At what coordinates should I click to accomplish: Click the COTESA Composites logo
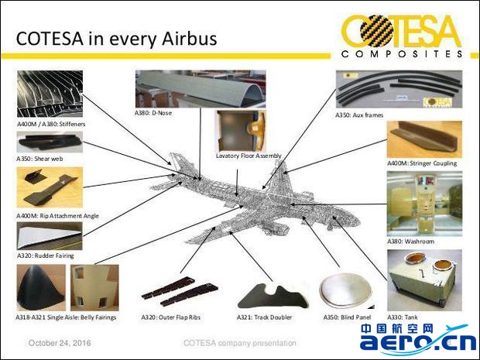coord(402,36)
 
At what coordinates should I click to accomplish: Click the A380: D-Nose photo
coord(201,89)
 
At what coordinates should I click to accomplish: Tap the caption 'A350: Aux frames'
coord(359,115)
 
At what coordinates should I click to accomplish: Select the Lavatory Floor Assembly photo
coord(241,131)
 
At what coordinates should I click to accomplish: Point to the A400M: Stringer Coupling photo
coord(424,139)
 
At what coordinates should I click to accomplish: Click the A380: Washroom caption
coord(410,242)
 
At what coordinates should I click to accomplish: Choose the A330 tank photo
coord(424,280)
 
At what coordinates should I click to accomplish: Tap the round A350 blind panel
coord(346,290)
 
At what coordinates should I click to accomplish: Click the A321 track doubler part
coord(273,297)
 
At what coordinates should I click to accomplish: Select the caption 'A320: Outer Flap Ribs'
coord(171,317)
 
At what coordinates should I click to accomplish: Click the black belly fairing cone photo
coord(41,288)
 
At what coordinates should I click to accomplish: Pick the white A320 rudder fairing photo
coord(50,235)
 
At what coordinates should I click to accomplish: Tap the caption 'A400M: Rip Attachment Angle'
coord(57,216)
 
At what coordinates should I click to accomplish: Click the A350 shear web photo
coord(50,142)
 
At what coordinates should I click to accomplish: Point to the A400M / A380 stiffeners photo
coord(50,94)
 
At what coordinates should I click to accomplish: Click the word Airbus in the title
coord(190,39)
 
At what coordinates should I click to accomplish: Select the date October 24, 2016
coord(60,343)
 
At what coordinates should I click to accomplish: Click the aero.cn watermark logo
coord(418,341)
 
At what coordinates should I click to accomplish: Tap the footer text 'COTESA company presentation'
coord(240,343)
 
